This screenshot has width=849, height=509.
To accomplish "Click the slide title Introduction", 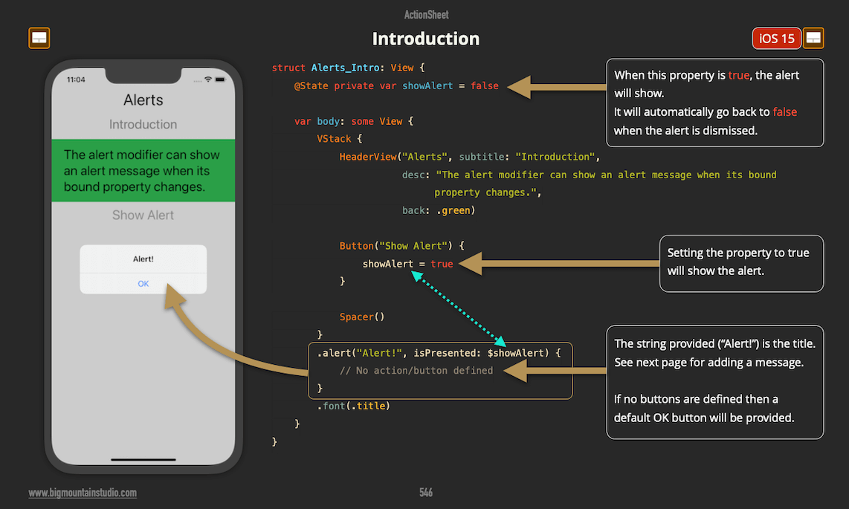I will pos(425,39).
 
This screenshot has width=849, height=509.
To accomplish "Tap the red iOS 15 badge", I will pos(777,39).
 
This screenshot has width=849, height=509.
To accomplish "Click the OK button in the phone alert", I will pos(143,284).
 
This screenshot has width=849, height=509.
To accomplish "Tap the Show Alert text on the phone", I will pos(143,215).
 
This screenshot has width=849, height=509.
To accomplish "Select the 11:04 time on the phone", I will pos(76,80).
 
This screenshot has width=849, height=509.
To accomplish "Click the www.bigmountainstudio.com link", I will pos(83,493).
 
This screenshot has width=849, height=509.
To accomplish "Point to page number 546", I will pos(426,493).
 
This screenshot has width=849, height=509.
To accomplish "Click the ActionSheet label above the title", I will pos(426,15).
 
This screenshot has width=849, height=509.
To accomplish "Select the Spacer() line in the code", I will pos(362,317).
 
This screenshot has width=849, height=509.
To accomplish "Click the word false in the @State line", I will pos(485,86).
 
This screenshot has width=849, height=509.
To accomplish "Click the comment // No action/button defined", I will pos(416,371).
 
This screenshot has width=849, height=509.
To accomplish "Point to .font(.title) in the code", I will pos(354,406).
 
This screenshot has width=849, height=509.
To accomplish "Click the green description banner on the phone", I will pos(143,171).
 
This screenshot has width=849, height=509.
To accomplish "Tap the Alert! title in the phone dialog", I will pos(143,259).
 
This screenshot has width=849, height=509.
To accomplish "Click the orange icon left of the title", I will pos(39,39).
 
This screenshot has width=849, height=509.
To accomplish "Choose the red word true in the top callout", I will pos(738,76).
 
